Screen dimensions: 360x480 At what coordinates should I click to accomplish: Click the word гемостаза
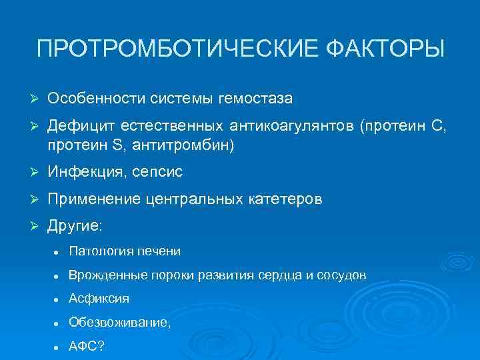[x=256, y=99]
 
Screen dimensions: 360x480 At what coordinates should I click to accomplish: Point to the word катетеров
[x=286, y=199]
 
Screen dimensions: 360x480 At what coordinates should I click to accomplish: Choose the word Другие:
[x=75, y=226]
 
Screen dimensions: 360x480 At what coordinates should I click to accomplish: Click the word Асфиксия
[x=99, y=299]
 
